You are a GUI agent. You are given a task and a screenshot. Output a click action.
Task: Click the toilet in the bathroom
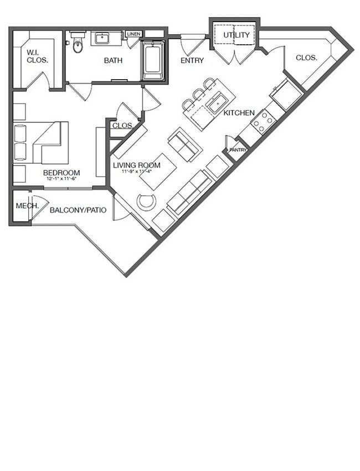tap(78, 44)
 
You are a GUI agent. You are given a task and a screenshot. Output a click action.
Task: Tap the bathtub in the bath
tap(152, 62)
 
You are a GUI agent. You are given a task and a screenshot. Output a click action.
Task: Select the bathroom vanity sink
tap(103, 39)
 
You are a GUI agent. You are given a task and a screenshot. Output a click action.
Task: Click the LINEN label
tap(133, 34)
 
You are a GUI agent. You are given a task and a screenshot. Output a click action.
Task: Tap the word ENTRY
tap(192, 60)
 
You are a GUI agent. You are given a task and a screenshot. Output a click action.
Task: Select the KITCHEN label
tap(239, 113)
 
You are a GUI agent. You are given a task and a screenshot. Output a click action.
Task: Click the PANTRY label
tap(238, 149)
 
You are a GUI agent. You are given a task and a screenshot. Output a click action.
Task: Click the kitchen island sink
tap(216, 103)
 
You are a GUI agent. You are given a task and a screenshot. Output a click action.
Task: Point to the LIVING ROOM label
tap(137, 165)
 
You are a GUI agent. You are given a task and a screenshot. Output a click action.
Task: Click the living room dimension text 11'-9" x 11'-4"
tap(137, 172)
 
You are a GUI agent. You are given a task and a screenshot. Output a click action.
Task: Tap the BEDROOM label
tap(61, 173)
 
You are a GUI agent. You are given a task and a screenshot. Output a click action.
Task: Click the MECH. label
tap(27, 206)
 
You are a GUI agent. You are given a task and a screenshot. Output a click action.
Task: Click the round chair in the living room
tap(147, 201)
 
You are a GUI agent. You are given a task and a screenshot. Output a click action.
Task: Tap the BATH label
tap(114, 60)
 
